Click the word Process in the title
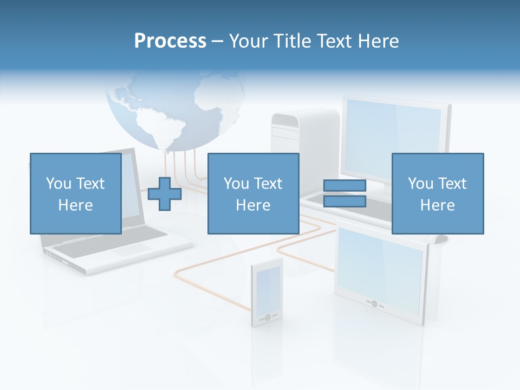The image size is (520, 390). [170, 41]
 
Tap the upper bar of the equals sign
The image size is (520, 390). [344, 186]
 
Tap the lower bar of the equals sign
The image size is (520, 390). [344, 201]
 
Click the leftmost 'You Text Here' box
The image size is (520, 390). [75, 193]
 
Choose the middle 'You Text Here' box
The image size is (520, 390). [253, 193]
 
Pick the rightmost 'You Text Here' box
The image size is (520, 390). [437, 193]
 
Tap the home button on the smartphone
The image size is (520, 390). [267, 317]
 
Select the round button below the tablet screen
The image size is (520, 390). [374, 304]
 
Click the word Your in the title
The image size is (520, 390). [248, 41]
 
